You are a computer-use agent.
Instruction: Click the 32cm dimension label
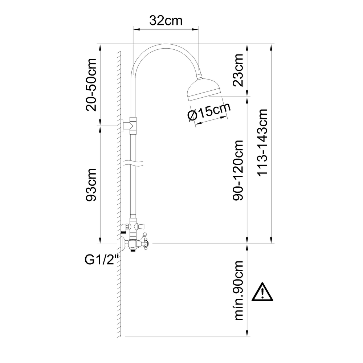point(166,21)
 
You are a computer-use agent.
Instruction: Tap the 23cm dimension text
point(238,70)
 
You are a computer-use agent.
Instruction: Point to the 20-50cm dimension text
point(91,85)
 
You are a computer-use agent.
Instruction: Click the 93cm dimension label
point(91,185)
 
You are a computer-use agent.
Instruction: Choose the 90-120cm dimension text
point(238,170)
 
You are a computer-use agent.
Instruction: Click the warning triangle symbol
point(262,292)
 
